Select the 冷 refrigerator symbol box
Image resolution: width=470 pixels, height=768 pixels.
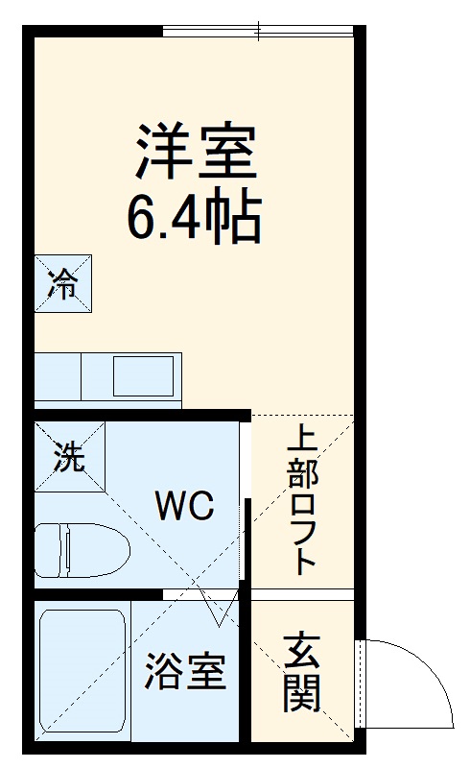point(63,283)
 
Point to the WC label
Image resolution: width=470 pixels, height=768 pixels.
point(184,506)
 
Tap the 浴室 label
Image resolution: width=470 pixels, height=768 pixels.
point(185,673)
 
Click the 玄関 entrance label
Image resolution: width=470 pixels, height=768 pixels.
point(301,671)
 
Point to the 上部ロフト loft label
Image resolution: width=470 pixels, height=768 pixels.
point(302,499)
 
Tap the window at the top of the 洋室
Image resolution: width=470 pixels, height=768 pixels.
point(259,34)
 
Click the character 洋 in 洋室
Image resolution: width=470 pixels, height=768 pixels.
point(161,154)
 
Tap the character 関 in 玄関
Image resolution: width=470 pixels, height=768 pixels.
point(301,692)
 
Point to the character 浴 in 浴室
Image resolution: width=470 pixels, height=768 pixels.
point(163,673)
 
